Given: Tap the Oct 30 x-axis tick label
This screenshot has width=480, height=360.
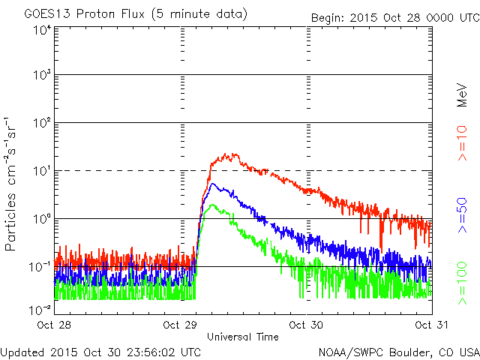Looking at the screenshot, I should coord(307,325).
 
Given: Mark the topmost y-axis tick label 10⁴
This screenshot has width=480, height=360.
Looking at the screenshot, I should coord(41,31).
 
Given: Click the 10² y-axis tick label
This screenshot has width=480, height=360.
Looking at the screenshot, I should coord(41,122).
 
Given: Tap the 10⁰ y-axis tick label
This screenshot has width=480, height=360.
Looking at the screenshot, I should coord(41,218).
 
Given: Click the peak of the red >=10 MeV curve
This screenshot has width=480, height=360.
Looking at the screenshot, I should coord(235,154).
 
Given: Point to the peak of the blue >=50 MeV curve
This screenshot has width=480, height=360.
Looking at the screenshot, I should coord(214,183).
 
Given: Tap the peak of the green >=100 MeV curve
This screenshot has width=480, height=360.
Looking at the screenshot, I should coord(213,204).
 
